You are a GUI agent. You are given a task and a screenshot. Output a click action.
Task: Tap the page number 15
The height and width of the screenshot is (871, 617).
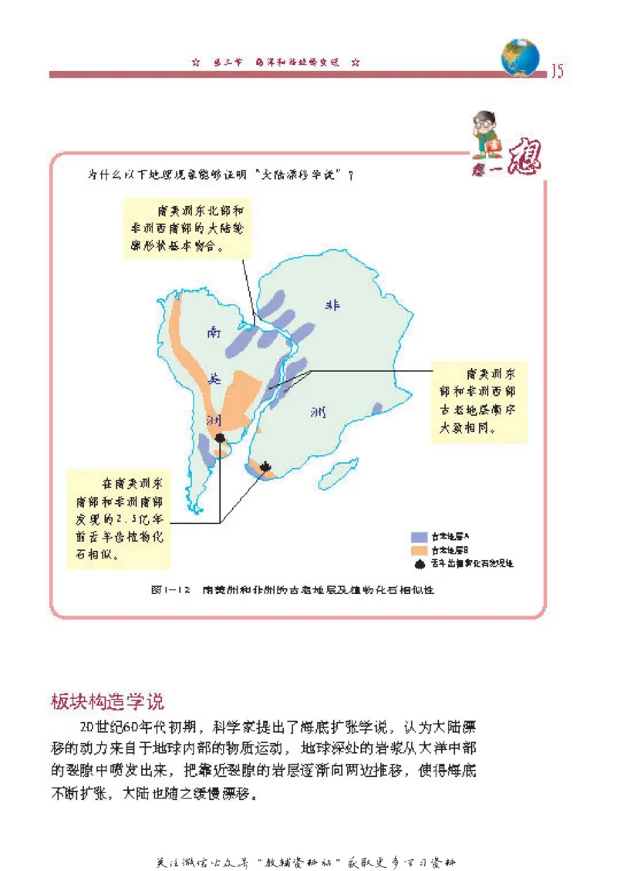(x=557, y=72)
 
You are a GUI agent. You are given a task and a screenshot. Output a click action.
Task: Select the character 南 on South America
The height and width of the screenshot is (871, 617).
(x=214, y=333)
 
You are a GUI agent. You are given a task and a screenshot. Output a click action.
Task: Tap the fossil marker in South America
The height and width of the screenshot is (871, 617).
(x=221, y=438)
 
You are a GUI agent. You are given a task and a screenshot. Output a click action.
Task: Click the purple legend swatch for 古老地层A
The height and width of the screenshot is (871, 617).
(x=420, y=535)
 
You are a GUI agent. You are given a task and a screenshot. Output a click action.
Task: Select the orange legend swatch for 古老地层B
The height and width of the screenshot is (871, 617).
(x=420, y=550)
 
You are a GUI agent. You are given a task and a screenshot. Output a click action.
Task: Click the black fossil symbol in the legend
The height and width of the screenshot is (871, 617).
(x=420, y=564)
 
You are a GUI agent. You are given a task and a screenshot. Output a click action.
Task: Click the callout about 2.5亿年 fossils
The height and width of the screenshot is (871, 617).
(x=118, y=519)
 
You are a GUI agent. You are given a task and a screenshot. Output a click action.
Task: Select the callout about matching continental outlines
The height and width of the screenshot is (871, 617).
(x=187, y=228)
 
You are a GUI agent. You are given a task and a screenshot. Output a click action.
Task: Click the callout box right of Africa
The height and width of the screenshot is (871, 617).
(x=478, y=400)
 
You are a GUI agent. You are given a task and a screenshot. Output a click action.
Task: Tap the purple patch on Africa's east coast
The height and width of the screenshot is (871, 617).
(x=376, y=407)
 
